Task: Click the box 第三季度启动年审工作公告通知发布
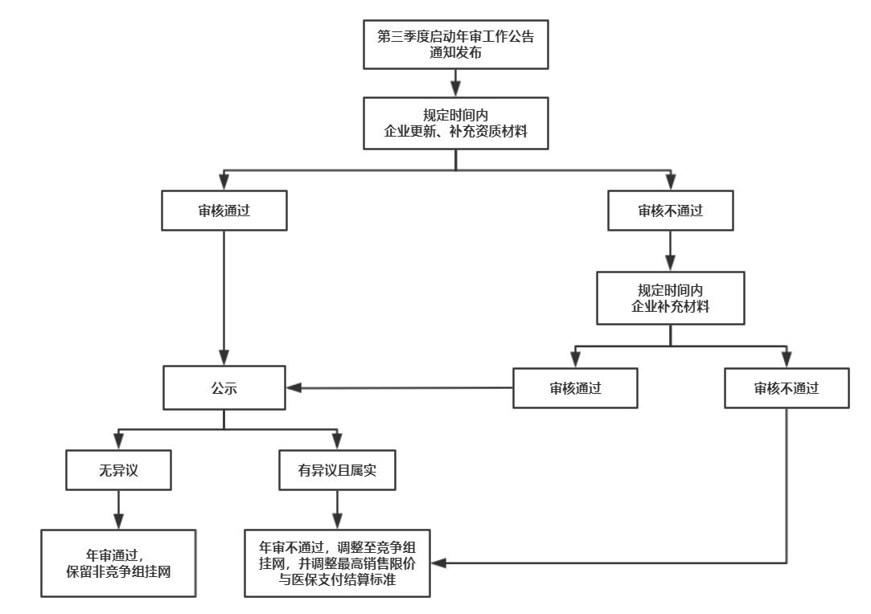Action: coord(456,44)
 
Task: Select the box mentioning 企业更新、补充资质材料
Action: coord(456,122)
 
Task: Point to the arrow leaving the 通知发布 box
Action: coord(456,82)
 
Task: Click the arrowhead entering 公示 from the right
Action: coord(293,389)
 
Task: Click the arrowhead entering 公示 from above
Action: coord(224,359)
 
